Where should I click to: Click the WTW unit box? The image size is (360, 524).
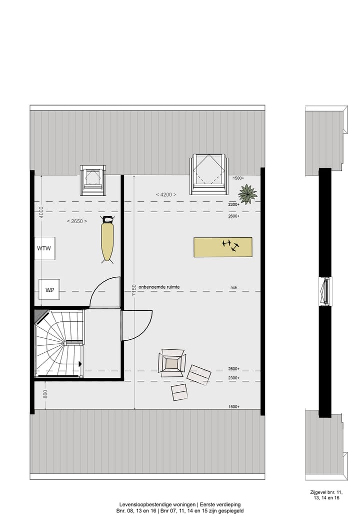pos(45,248)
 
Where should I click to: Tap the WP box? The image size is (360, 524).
pos(49,289)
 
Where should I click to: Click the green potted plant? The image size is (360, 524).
pos(247,194)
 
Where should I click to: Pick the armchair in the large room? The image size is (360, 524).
pos(172,363)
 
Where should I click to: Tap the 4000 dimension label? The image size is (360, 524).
pos(42,212)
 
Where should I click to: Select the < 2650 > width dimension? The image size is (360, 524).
pos(77,221)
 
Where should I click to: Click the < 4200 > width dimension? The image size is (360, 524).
pos(165,194)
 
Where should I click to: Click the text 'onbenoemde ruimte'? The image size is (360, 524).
pos(159,287)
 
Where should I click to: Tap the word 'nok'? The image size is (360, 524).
pos(233,287)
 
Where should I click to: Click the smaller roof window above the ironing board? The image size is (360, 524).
pos(93,180)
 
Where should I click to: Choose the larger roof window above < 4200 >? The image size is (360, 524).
pos(208,174)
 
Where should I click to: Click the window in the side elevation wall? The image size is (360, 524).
pos(325,291)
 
